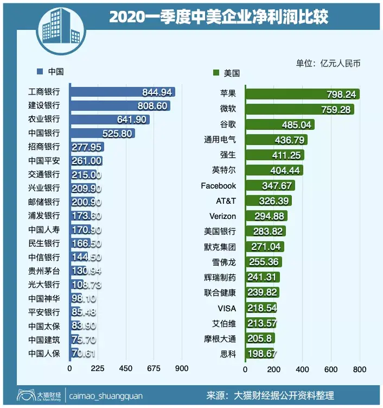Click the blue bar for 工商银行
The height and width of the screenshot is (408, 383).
122,92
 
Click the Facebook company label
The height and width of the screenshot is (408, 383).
218,186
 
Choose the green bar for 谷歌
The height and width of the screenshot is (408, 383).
279,124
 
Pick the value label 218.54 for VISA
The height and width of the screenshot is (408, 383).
263,308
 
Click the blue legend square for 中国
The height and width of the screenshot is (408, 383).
40,72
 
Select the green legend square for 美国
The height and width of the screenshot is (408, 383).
216,72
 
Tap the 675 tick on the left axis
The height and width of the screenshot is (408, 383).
154,368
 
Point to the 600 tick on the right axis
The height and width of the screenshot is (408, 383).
330,369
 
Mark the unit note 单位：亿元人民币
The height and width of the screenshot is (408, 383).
328,63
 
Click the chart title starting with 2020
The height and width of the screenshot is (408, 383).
218,17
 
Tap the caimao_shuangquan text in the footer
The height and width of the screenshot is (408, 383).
106,396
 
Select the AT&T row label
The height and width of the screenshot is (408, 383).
226,201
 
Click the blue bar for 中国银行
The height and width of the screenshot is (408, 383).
103,133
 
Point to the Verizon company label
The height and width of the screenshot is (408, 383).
222,216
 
